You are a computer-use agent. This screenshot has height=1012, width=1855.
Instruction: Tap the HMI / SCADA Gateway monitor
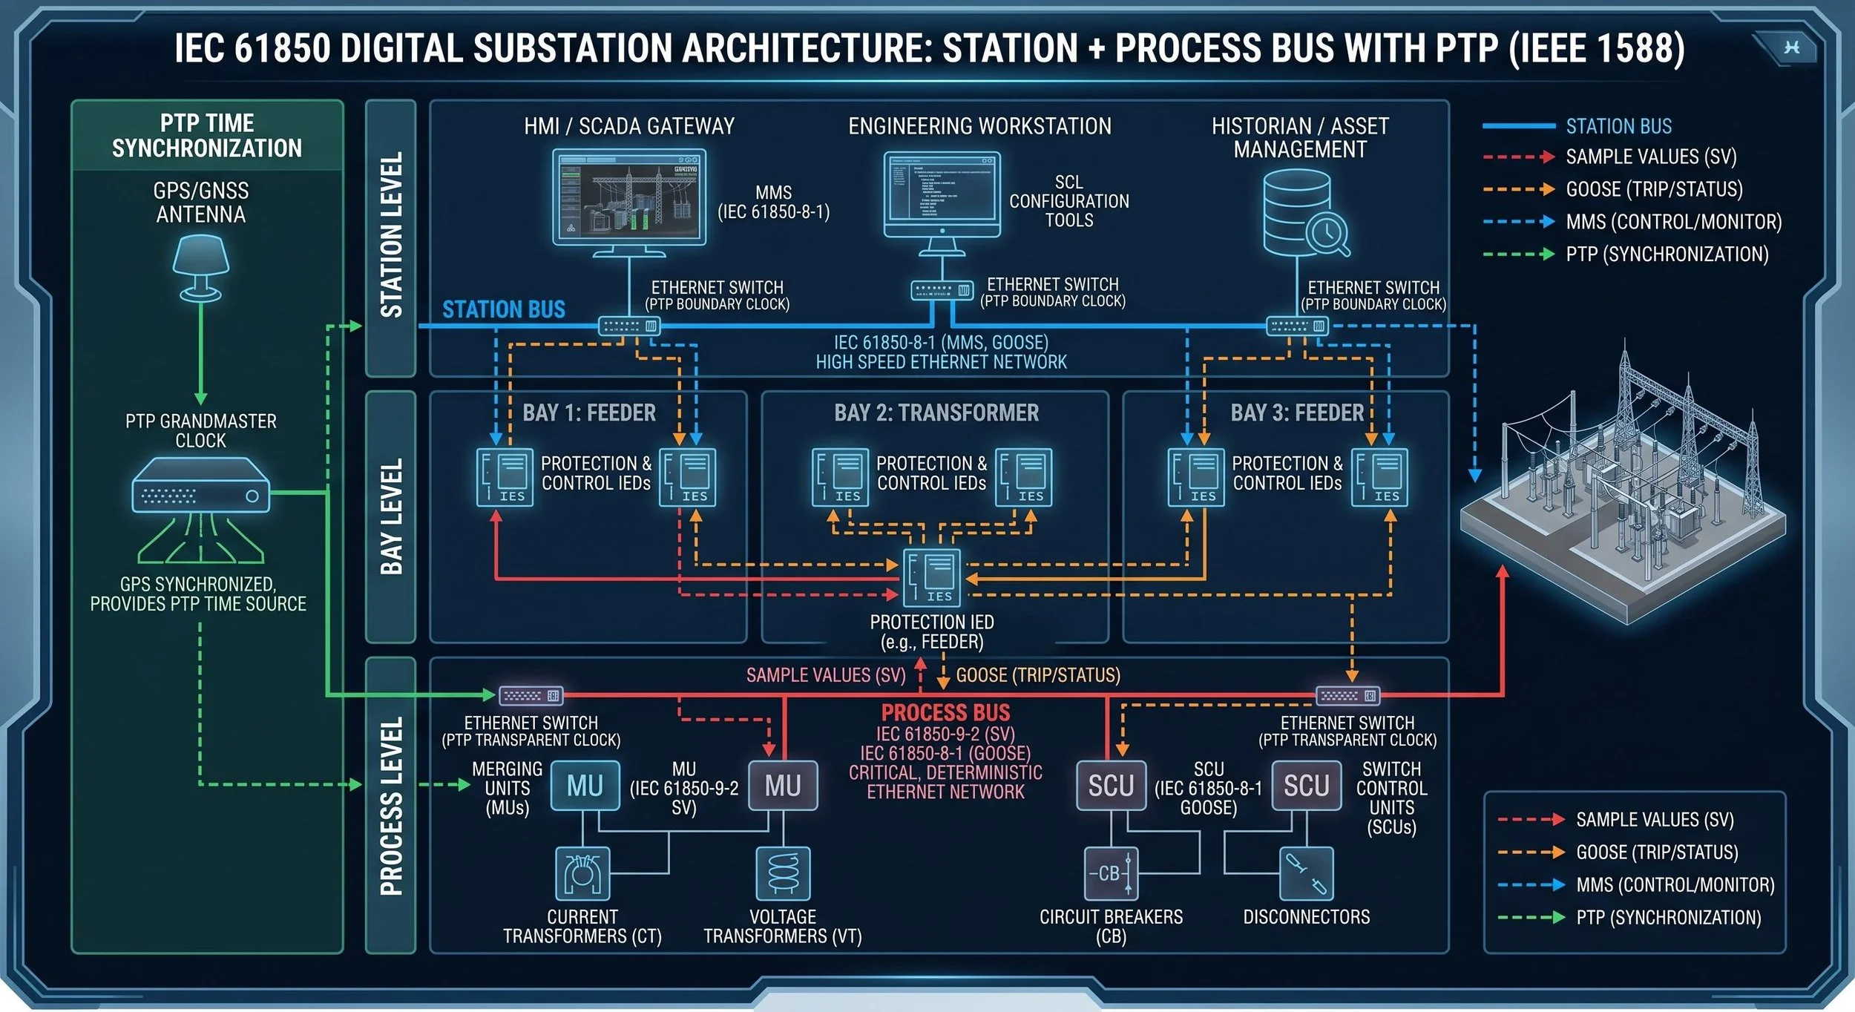pyautogui.click(x=628, y=197)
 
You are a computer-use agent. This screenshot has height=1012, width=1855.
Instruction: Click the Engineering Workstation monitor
pyautogui.click(x=942, y=194)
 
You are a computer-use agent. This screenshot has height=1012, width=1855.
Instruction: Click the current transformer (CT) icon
pyautogui.click(x=582, y=873)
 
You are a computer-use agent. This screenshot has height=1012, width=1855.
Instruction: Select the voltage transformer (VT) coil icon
pyautogui.click(x=783, y=873)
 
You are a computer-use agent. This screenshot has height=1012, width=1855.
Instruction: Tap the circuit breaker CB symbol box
pyautogui.click(x=1111, y=873)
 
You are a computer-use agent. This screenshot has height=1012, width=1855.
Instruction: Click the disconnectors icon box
pyautogui.click(x=1306, y=873)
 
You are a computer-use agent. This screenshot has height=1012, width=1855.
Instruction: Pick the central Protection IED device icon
pyautogui.click(x=932, y=577)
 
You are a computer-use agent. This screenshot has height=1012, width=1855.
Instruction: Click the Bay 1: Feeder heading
pyautogui.click(x=589, y=413)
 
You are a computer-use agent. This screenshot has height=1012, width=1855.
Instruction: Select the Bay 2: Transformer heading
pyautogui.click(x=936, y=413)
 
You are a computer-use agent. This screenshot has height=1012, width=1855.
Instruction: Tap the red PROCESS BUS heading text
pyautogui.click(x=945, y=712)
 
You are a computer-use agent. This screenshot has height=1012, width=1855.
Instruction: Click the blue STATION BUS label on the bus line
pyautogui.click(x=504, y=309)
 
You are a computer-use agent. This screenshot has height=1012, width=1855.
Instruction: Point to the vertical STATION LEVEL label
pyautogui.click(x=391, y=235)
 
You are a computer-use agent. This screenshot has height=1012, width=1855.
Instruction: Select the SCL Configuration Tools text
pyautogui.click(x=1068, y=201)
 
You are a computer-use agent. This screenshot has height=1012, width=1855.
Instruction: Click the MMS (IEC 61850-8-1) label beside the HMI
pyautogui.click(x=773, y=202)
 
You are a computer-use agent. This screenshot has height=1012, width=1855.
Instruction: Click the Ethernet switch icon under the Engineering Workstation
pyautogui.click(x=942, y=290)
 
